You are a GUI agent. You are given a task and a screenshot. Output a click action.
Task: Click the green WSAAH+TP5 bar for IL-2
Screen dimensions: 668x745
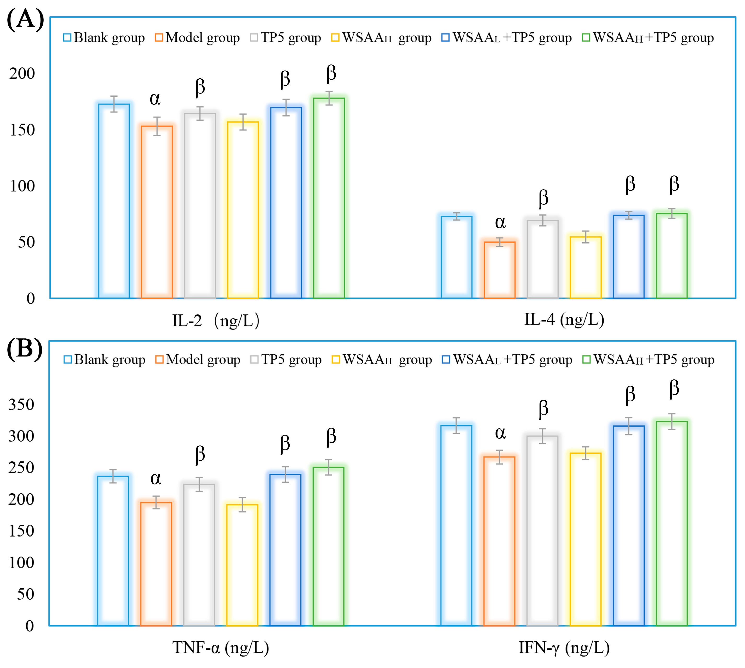[329, 198]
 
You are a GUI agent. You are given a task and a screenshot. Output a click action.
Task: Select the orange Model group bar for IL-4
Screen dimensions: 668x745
[500, 270]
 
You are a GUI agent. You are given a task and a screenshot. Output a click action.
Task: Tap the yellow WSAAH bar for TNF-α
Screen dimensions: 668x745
[242, 565]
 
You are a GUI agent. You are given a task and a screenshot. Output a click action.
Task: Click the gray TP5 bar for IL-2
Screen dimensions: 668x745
[200, 206]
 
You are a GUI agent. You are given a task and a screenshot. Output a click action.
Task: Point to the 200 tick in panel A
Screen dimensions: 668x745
[22, 73]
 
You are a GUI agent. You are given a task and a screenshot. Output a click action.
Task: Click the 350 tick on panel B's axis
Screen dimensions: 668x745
[21, 405]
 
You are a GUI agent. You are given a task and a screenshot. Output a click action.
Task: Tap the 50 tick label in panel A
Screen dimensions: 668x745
[26, 242]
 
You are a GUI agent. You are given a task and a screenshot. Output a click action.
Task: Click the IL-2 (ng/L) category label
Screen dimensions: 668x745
[216, 321]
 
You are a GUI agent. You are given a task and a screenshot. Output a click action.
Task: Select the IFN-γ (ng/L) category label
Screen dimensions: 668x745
[564, 648]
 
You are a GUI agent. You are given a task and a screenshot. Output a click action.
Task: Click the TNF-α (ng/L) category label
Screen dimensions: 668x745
[220, 648]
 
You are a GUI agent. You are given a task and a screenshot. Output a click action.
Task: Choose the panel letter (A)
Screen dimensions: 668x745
[25, 19]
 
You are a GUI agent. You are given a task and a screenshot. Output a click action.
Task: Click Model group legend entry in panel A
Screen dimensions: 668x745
[198, 37]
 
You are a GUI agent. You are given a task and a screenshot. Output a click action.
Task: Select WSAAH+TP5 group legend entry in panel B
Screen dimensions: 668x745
[649, 360]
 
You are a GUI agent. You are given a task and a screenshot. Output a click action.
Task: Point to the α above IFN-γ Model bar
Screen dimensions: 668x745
[500, 433]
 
